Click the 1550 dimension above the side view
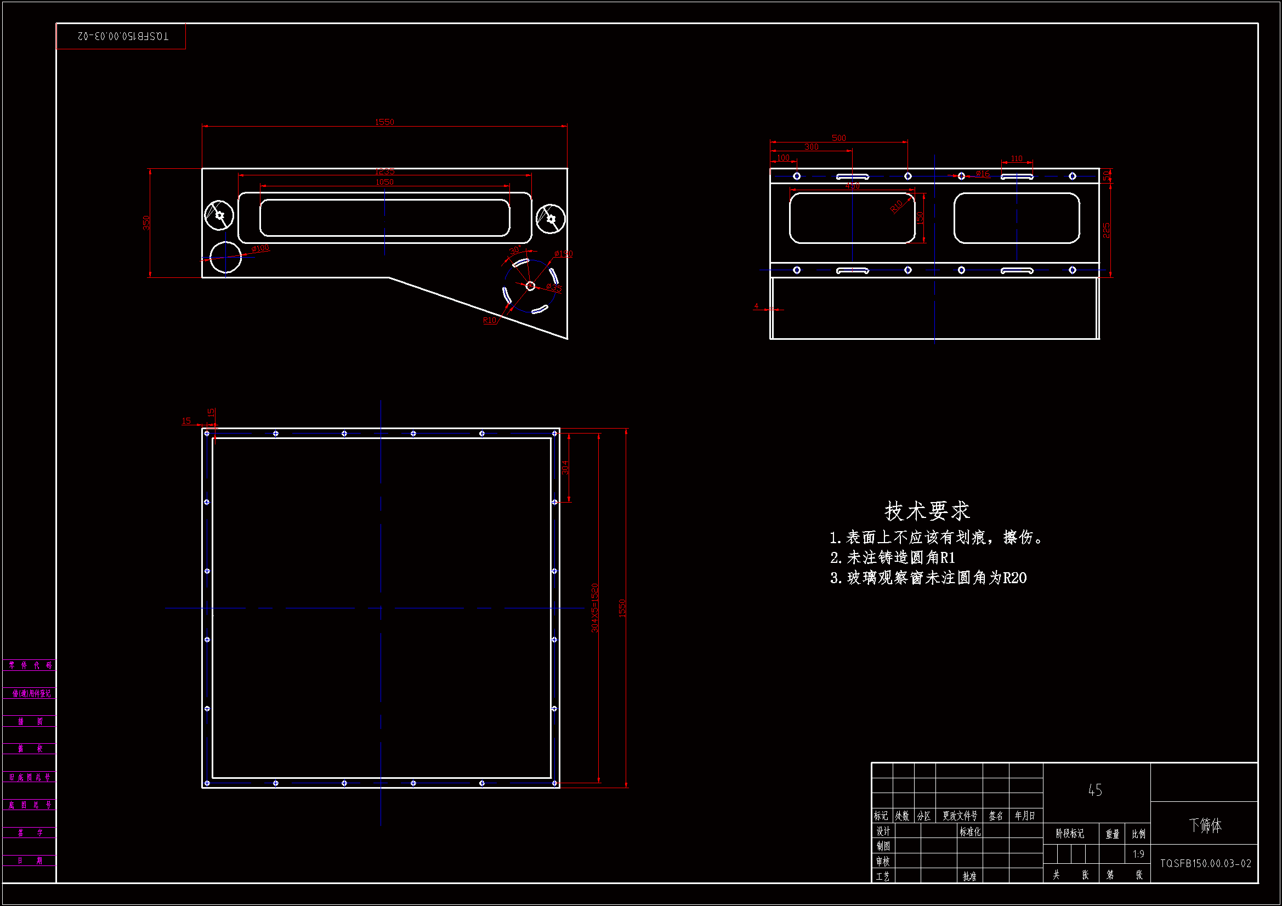click(384, 122)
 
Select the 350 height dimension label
click(146, 223)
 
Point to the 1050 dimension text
click(384, 182)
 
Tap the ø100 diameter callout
click(260, 248)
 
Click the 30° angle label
click(515, 250)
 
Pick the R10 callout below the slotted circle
click(489, 321)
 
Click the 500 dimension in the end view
click(838, 138)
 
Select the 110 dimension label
click(1017, 158)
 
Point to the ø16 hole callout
click(983, 174)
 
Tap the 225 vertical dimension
click(1107, 230)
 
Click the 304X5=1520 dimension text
click(594, 608)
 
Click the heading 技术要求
click(927, 511)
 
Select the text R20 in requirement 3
click(1014, 578)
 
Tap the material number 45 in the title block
click(1095, 790)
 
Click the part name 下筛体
click(1205, 825)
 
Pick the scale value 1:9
click(1138, 854)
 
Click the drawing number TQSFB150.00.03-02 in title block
click(1205, 864)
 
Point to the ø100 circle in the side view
click(225, 258)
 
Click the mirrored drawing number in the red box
click(122, 36)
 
